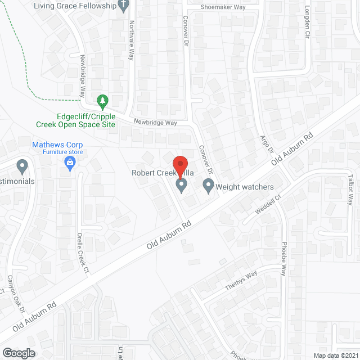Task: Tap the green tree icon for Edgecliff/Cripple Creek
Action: tap(102, 102)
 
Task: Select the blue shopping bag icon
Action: tap(70, 164)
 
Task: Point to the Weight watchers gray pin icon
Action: tap(209, 185)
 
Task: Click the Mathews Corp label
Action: tap(57, 145)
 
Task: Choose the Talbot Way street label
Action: tap(350, 192)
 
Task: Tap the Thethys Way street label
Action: tap(241, 282)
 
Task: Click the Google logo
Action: tap(19, 353)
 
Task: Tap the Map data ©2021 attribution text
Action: tap(335, 355)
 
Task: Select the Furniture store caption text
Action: tap(57, 152)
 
